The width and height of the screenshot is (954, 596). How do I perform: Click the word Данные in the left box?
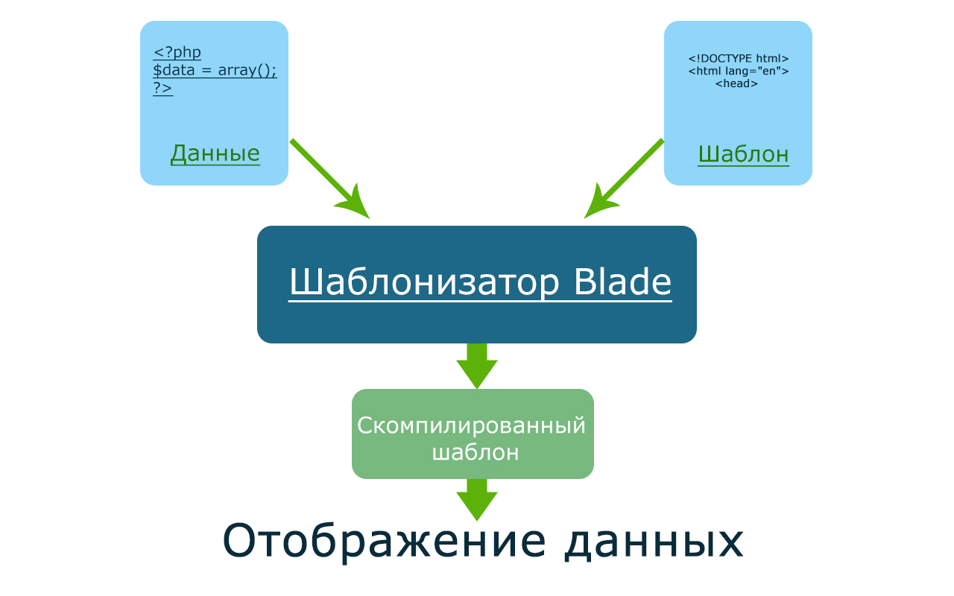point(215,154)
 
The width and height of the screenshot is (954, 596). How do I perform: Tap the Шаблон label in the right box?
point(744,154)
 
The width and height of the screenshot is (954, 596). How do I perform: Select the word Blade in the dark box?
point(622,282)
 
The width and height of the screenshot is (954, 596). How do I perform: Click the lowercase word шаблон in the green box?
point(476,452)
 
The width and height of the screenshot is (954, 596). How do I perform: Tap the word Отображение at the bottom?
point(384,542)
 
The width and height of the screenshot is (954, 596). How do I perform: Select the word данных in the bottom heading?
point(654,542)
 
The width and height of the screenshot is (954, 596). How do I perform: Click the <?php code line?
point(177,52)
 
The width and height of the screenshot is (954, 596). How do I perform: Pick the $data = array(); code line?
point(215,70)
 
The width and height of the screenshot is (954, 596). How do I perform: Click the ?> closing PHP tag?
point(162,88)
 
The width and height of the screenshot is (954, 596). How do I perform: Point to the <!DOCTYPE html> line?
point(739,58)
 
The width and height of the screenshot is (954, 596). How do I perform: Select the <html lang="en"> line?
point(739,71)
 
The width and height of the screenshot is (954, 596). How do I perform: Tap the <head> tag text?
point(736,83)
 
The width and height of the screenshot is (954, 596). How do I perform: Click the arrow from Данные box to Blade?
point(329,179)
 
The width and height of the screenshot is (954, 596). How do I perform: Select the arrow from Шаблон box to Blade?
point(624,179)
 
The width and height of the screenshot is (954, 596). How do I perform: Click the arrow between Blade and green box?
point(477,366)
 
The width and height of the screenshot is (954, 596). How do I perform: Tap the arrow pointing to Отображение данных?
point(477,500)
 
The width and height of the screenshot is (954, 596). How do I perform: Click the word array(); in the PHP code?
point(247,71)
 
